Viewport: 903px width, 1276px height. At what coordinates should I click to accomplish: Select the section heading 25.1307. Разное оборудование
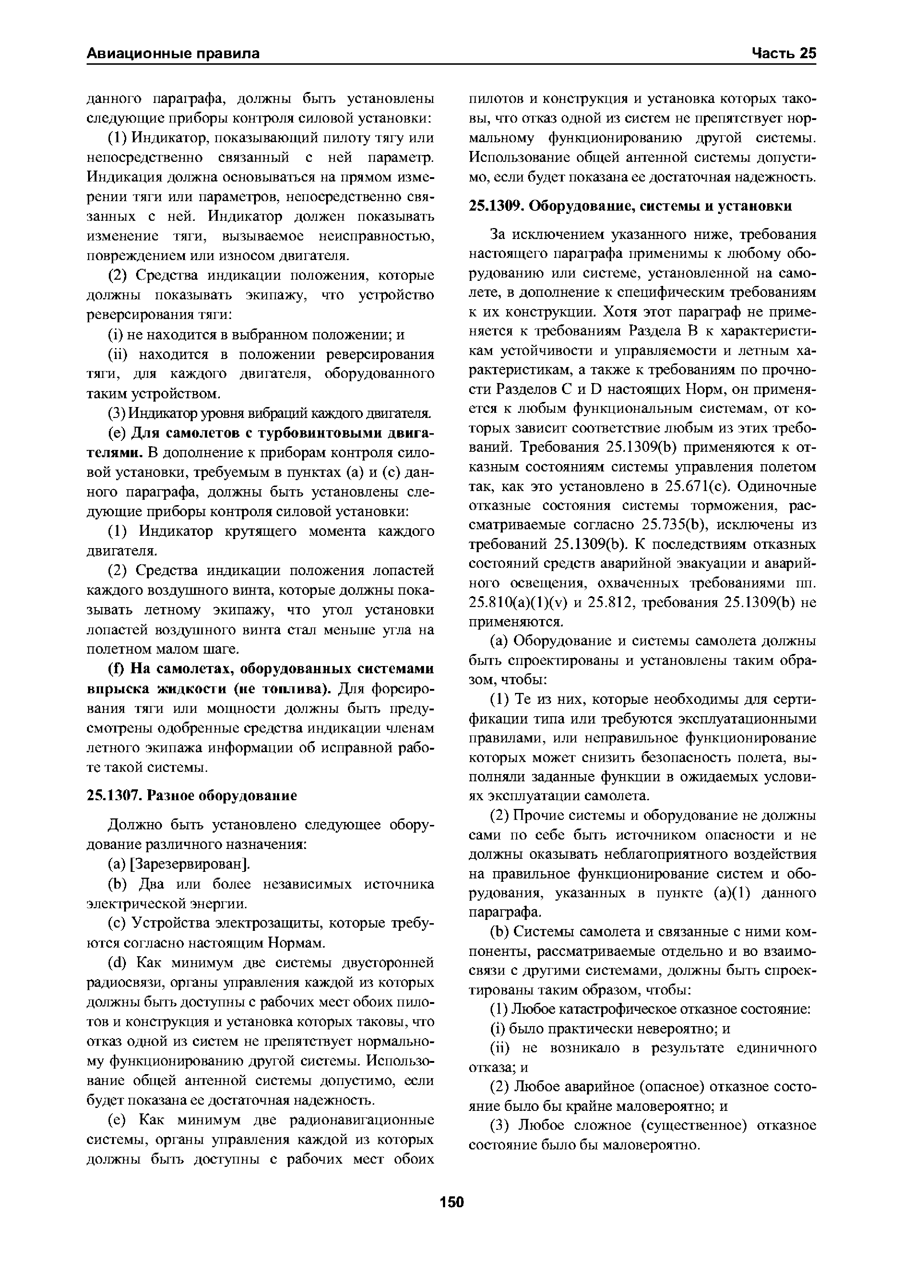click(192, 796)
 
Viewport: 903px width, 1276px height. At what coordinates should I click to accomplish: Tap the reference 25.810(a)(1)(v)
click(517, 602)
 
